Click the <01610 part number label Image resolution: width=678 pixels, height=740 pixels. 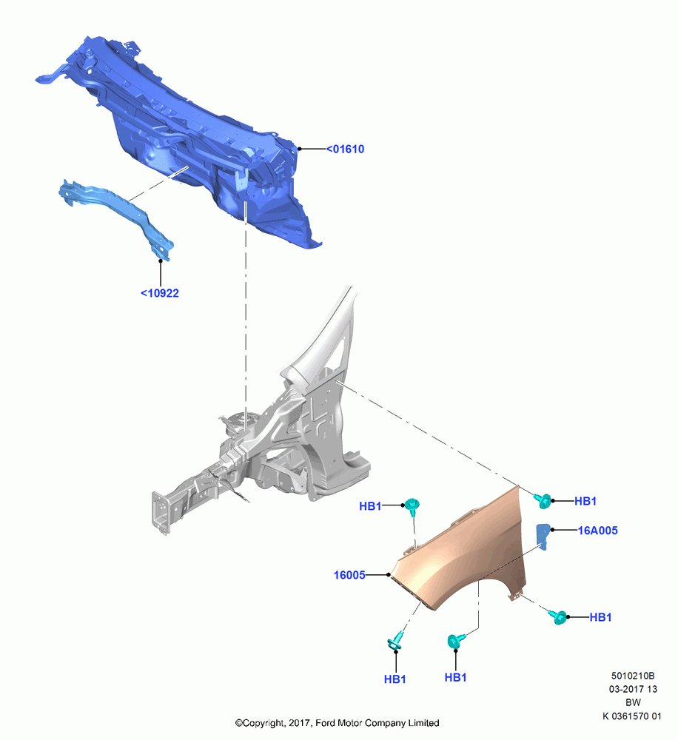pos(345,149)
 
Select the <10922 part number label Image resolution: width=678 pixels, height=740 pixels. pos(160,293)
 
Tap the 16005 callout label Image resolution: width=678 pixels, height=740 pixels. pos(349,575)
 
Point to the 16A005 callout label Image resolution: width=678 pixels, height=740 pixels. pos(598,531)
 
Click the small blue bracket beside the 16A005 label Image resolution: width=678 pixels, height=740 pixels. pos(543,536)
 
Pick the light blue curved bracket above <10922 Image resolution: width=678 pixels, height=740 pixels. pos(118,212)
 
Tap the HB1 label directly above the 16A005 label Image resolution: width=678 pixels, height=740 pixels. pos(585,501)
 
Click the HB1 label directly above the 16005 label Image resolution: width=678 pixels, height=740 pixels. pos(370,506)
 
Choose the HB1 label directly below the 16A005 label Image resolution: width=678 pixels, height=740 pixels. pos(600,617)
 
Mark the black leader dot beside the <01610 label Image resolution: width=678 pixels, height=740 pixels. pos(299,149)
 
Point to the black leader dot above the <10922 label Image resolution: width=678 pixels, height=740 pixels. pos(161,260)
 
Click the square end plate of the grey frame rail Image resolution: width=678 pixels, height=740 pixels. pos(160,513)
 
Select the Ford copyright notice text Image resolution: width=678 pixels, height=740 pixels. pos(337,723)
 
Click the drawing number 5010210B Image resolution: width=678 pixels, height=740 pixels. pos(633,676)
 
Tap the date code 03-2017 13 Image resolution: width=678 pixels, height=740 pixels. pos(633,689)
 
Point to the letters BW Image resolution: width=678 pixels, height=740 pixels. pos(633,703)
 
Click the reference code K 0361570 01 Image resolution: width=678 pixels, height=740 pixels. pos(631,716)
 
